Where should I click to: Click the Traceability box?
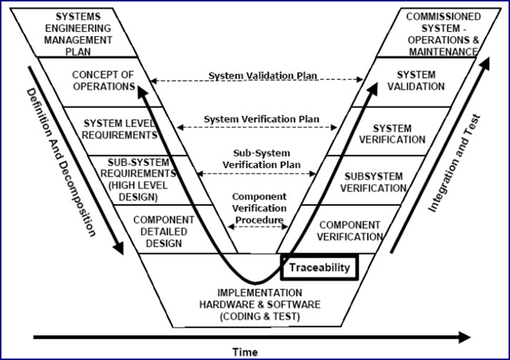pyautogui.click(x=320, y=268)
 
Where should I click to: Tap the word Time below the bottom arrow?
pyautogui.click(x=245, y=352)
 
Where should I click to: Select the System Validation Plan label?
pyautogui.click(x=263, y=76)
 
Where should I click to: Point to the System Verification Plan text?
pyautogui.click(x=262, y=119)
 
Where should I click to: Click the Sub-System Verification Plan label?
pyautogui.click(x=262, y=159)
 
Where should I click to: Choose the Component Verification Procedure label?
pyautogui.click(x=259, y=208)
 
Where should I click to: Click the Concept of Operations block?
pyautogui.click(x=101, y=82)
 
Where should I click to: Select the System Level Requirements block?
pyautogui.click(x=126, y=131)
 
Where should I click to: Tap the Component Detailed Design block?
pyautogui.click(x=175, y=229)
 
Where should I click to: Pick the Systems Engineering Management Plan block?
pyautogui.click(x=74, y=32)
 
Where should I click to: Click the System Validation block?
pyautogui.click(x=414, y=82)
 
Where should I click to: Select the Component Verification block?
pyautogui.click(x=339, y=229)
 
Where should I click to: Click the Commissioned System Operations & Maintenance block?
pyautogui.click(x=439, y=32)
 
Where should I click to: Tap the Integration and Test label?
pyautogui.click(x=454, y=163)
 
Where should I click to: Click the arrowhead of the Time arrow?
pyautogui.click(x=465, y=337)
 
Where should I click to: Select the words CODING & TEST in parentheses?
pyautogui.click(x=260, y=317)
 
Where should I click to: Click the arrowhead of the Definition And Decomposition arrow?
pyautogui.click(x=118, y=248)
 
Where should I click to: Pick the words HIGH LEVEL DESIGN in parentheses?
pyautogui.click(x=138, y=191)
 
